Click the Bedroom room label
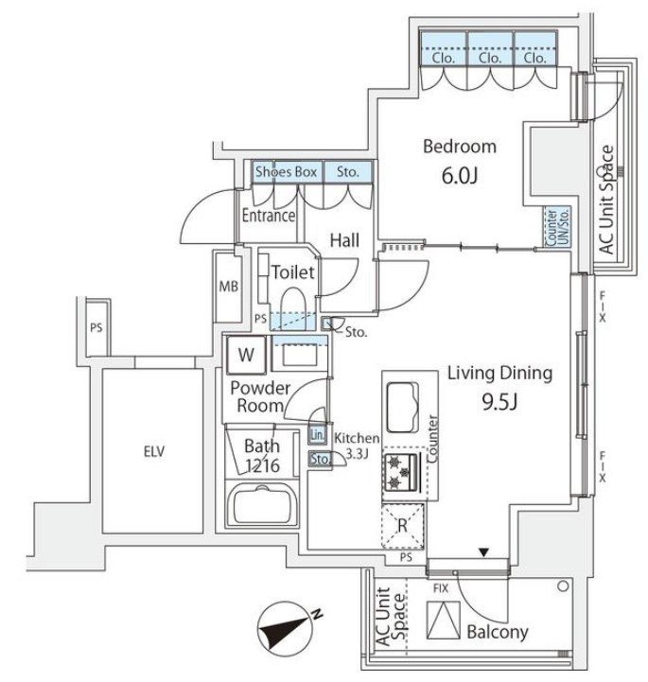coord(459,147)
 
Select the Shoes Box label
coord(285,172)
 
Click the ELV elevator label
coord(153,451)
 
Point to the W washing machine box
coord(246,356)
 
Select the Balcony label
coord(497,632)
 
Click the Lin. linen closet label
coord(317,434)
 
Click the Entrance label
coord(269,216)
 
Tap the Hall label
coord(343,241)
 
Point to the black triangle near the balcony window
coord(485,552)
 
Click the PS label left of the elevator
coord(95,328)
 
